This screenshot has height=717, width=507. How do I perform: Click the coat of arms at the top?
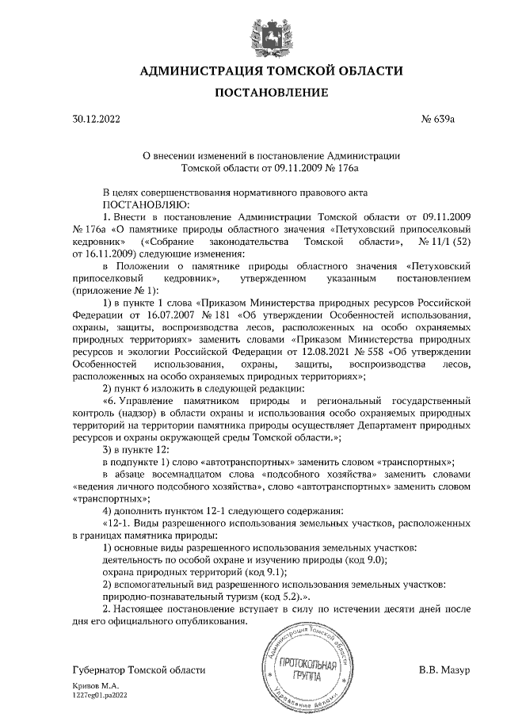tap(271, 34)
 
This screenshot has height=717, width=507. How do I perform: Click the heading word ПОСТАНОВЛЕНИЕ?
tap(271, 93)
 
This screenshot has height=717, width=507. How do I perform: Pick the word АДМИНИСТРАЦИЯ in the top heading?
tap(206, 71)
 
